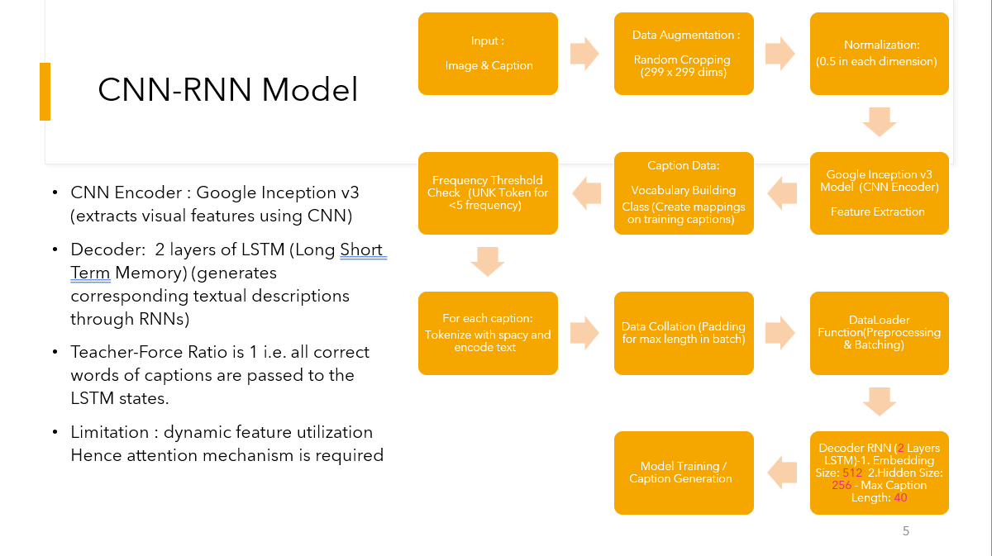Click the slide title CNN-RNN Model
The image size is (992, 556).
point(228,90)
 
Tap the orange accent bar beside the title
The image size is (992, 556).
point(45,92)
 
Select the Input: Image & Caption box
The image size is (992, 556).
point(489,54)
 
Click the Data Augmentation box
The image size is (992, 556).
point(684,54)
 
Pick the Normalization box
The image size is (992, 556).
point(880,54)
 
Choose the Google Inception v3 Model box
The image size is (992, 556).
point(880,193)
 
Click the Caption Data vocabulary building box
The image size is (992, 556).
point(684,193)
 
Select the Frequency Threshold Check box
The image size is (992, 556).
point(489,193)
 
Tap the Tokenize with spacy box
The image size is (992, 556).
point(489,333)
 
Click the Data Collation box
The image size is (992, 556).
point(684,333)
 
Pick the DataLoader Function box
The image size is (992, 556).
point(880,333)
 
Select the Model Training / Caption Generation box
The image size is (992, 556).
point(684,473)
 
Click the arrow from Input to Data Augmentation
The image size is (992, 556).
point(585,54)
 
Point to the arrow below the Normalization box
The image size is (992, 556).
point(880,122)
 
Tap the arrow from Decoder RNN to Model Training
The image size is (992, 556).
point(781,473)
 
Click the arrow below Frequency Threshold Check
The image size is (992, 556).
point(488,262)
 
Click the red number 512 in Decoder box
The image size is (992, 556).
point(852,473)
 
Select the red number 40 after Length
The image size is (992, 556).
point(900,497)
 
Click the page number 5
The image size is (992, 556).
point(906,531)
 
